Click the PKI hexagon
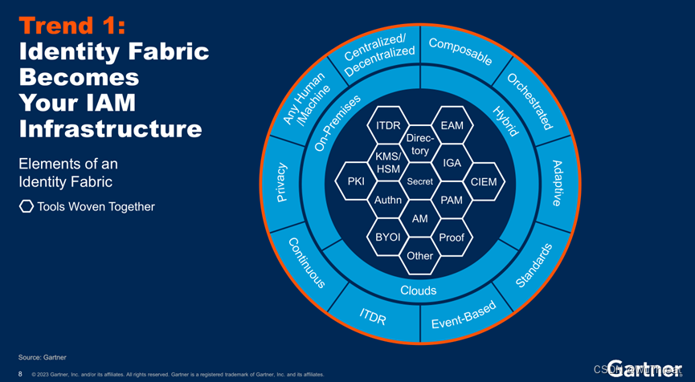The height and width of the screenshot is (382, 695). point(356,181)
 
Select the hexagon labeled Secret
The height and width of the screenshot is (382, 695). point(419,181)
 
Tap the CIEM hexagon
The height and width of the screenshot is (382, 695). point(484,181)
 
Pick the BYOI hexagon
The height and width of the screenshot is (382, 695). point(388,237)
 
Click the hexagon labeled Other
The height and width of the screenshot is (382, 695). point(419,255)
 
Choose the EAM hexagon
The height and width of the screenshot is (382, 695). point(452,126)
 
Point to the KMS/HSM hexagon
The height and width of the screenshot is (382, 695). point(388,163)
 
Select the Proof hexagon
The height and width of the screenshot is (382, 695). point(452,237)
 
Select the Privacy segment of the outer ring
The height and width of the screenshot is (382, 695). point(281,182)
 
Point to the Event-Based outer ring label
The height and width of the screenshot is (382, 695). point(464,315)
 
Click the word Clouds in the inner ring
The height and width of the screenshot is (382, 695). point(419,290)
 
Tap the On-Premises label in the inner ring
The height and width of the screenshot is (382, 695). point(337,120)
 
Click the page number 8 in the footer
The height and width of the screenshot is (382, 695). point(20,373)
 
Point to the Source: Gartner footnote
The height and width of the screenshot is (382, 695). point(43,356)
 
